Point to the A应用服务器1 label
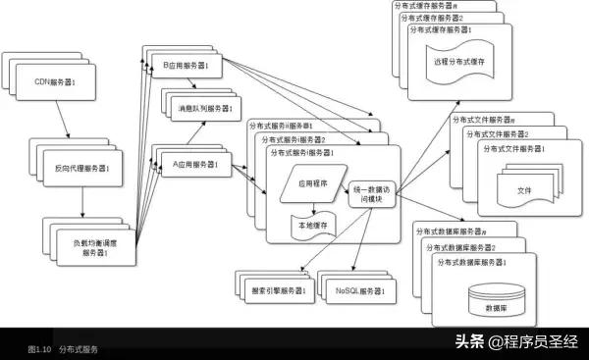coord(195,164)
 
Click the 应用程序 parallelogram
coord(313,183)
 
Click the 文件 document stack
coord(523,186)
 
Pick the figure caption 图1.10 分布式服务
coord(63,349)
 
